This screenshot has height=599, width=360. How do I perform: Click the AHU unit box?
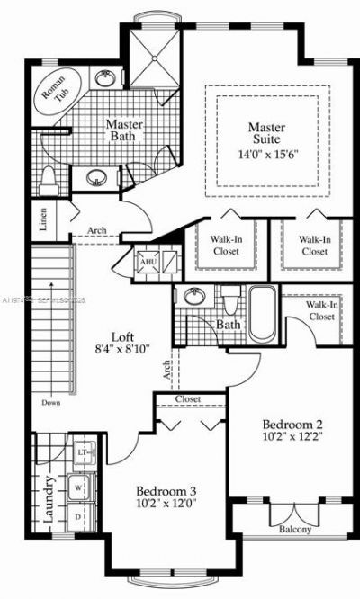(x=148, y=263)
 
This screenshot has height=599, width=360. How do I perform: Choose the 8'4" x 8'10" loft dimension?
(x=122, y=351)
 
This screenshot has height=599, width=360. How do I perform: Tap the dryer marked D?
(x=78, y=518)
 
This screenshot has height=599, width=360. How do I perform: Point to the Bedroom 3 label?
(x=167, y=491)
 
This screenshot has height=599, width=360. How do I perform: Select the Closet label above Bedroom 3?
(x=188, y=398)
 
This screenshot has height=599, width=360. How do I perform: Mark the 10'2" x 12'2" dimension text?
(x=290, y=438)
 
